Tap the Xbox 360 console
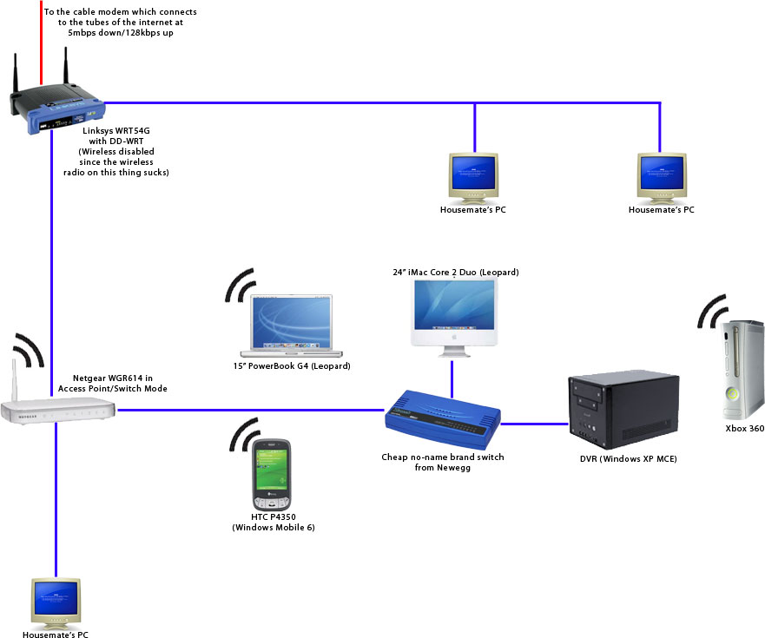point(744,369)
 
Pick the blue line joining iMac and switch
point(452,375)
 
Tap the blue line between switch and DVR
point(533,424)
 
